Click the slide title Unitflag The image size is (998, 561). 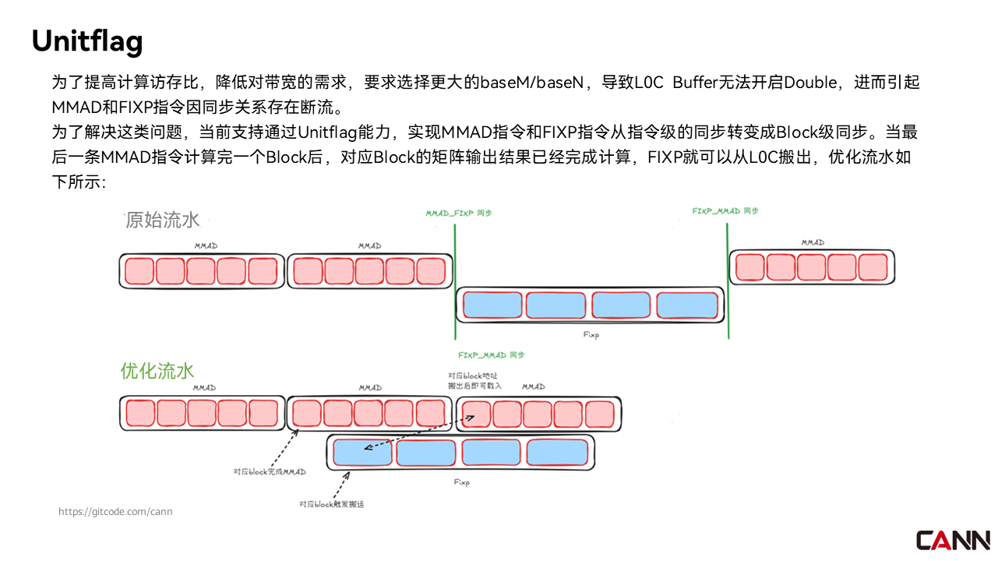pos(87,41)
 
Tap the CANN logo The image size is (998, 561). pos(952,540)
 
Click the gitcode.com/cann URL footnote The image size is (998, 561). pos(115,512)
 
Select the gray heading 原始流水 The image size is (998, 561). pos(163,220)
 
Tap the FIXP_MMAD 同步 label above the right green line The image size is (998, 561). pos(725,211)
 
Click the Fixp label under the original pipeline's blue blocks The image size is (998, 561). pos(591,335)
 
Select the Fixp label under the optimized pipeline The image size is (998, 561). pos(461,482)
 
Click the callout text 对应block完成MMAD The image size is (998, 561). pos(270,472)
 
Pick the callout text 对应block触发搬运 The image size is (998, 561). pos(331,504)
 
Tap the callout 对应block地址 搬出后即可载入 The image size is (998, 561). pos(474,380)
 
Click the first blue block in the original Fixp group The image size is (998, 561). pos(492,305)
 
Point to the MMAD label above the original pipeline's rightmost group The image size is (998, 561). pos(813,242)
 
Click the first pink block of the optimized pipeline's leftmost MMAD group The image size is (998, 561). pos(140,413)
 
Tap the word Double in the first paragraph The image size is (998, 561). pos(810,83)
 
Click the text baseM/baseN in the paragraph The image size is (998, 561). pos(531,83)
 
